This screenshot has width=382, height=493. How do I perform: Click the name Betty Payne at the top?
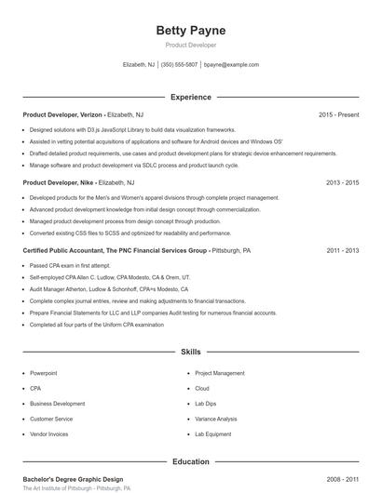[190, 30]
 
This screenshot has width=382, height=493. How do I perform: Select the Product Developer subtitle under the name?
[190, 45]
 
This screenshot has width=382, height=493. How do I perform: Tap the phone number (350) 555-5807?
[180, 65]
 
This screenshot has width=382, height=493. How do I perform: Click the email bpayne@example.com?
[231, 65]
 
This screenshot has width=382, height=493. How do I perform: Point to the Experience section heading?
[190, 97]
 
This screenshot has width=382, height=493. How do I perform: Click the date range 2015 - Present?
[338, 114]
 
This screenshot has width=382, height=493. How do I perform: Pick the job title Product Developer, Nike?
[58, 183]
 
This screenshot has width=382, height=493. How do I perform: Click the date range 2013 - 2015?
[342, 183]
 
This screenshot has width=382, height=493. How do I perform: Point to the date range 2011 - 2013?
[342, 251]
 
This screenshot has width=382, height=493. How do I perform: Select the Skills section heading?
[190, 353]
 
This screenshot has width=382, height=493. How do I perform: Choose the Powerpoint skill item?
[44, 373]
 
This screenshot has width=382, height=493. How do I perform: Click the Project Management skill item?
[220, 373]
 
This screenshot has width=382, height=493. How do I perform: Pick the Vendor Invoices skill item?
[49, 434]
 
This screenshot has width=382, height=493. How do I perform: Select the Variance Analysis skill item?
[216, 420]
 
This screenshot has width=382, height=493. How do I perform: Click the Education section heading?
[190, 461]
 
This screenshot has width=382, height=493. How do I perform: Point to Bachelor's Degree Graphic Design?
[73, 479]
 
